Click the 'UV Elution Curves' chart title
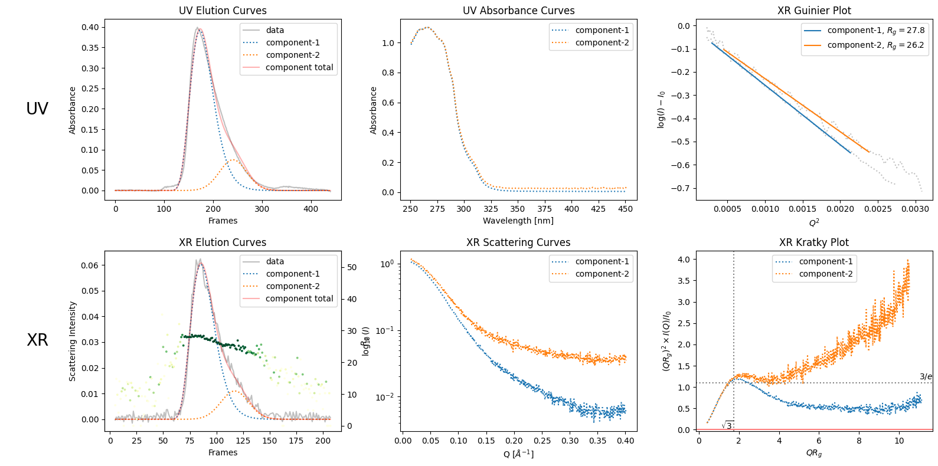tap(223, 11)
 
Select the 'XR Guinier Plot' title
tap(814, 11)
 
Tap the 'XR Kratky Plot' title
tap(813, 242)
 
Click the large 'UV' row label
tap(37, 109)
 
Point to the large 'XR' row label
tap(37, 340)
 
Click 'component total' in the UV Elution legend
tap(299, 67)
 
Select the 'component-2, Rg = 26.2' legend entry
tap(875, 45)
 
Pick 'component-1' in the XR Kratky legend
tap(825, 261)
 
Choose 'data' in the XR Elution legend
tap(274, 261)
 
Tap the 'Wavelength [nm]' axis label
tap(518, 221)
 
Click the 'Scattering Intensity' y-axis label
tap(73, 341)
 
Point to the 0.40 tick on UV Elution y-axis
tap(90, 27)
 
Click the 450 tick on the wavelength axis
tap(625, 208)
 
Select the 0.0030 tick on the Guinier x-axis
tap(916, 208)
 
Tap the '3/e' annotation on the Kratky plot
tap(926, 376)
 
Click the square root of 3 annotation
tap(727, 425)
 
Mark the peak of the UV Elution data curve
tap(198, 27)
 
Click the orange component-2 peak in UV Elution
tap(233, 159)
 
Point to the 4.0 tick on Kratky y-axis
tap(683, 260)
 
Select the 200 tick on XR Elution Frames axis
tap(323, 440)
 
